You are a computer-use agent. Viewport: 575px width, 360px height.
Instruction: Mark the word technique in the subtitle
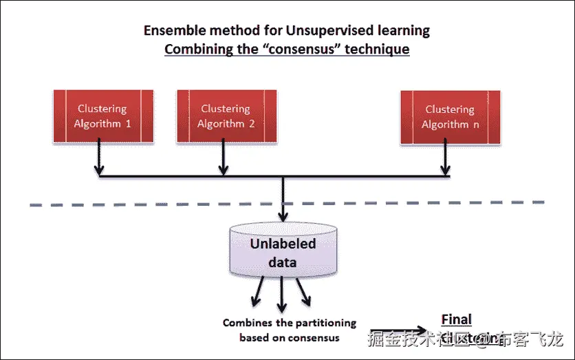(x=378, y=50)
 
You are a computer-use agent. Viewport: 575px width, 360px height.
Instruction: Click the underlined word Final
(x=456, y=319)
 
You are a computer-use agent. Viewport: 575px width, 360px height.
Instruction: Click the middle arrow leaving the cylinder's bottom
(x=281, y=297)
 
